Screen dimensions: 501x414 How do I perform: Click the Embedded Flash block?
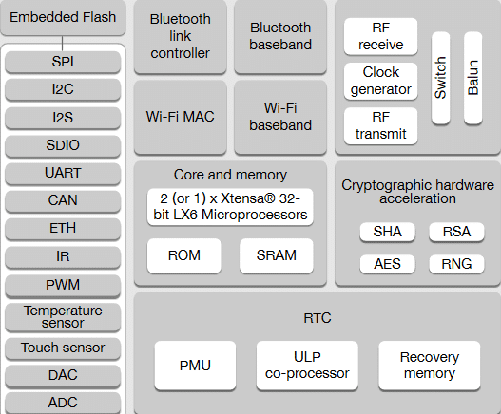(x=63, y=17)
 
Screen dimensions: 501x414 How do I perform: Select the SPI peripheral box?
(x=63, y=62)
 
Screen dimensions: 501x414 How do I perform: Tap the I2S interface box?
(x=63, y=118)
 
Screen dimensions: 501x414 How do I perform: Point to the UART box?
(x=63, y=173)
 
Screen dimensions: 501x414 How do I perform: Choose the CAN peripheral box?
(x=63, y=200)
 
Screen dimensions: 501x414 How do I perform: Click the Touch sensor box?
(x=63, y=348)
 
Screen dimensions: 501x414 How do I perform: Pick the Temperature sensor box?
(x=63, y=317)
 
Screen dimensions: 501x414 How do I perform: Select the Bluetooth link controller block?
(x=181, y=36)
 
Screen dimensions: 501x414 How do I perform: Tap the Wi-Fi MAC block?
(x=181, y=117)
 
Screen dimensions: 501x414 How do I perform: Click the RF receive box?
(x=381, y=36)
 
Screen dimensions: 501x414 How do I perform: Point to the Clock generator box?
(x=381, y=81)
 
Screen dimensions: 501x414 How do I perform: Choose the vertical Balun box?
(x=472, y=78)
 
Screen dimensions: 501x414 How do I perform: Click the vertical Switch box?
(x=440, y=78)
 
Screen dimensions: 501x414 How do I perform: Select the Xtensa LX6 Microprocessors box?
(x=230, y=207)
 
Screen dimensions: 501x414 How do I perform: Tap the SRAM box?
(x=277, y=255)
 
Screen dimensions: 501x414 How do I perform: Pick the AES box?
(x=387, y=264)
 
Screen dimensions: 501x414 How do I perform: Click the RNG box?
(x=456, y=264)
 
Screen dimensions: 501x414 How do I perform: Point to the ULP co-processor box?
(x=307, y=366)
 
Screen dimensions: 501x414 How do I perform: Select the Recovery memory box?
(x=430, y=366)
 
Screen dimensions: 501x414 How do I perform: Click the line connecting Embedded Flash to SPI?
(x=63, y=44)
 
